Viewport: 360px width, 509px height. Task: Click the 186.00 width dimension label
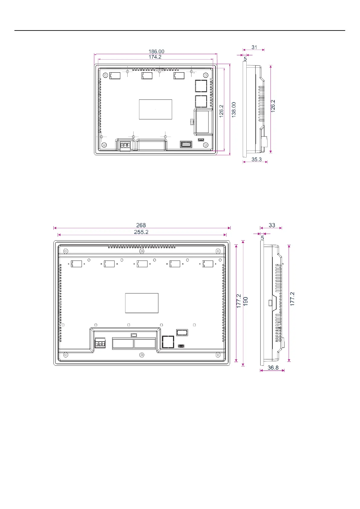[156, 52]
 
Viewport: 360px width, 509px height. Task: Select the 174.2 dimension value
[155, 57]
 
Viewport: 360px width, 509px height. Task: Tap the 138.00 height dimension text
[234, 110]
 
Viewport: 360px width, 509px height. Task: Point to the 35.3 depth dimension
[256, 160]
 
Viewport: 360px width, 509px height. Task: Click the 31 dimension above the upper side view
[254, 47]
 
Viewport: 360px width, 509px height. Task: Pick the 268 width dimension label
[141, 225]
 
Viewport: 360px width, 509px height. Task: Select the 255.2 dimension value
[141, 232]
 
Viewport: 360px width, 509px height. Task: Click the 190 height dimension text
[246, 301]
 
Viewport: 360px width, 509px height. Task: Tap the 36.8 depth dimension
[273, 368]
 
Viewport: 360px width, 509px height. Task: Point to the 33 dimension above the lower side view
[272, 225]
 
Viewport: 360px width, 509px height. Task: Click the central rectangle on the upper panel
[155, 109]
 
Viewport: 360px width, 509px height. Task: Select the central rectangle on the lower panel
[141, 303]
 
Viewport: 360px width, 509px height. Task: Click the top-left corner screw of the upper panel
[105, 75]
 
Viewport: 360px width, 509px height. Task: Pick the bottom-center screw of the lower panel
[141, 355]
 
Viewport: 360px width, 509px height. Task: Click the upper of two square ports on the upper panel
[201, 86]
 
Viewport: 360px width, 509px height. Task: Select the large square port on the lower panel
[168, 342]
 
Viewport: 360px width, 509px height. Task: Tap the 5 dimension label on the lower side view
[262, 238]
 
